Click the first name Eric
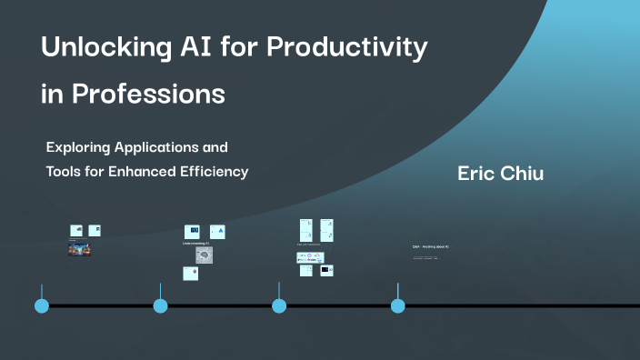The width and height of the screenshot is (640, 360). pos(477,174)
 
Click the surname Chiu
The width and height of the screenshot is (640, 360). pos(523,174)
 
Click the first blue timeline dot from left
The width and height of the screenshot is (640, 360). pos(42,305)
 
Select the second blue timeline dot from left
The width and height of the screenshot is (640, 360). pos(161,305)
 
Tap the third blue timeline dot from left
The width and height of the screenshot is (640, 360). pos(279,305)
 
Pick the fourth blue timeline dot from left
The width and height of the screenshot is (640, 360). pos(397,305)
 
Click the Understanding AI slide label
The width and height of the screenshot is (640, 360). pos(195,244)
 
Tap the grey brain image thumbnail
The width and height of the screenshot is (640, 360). pos(205,256)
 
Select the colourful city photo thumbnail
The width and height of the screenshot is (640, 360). pos(79,250)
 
